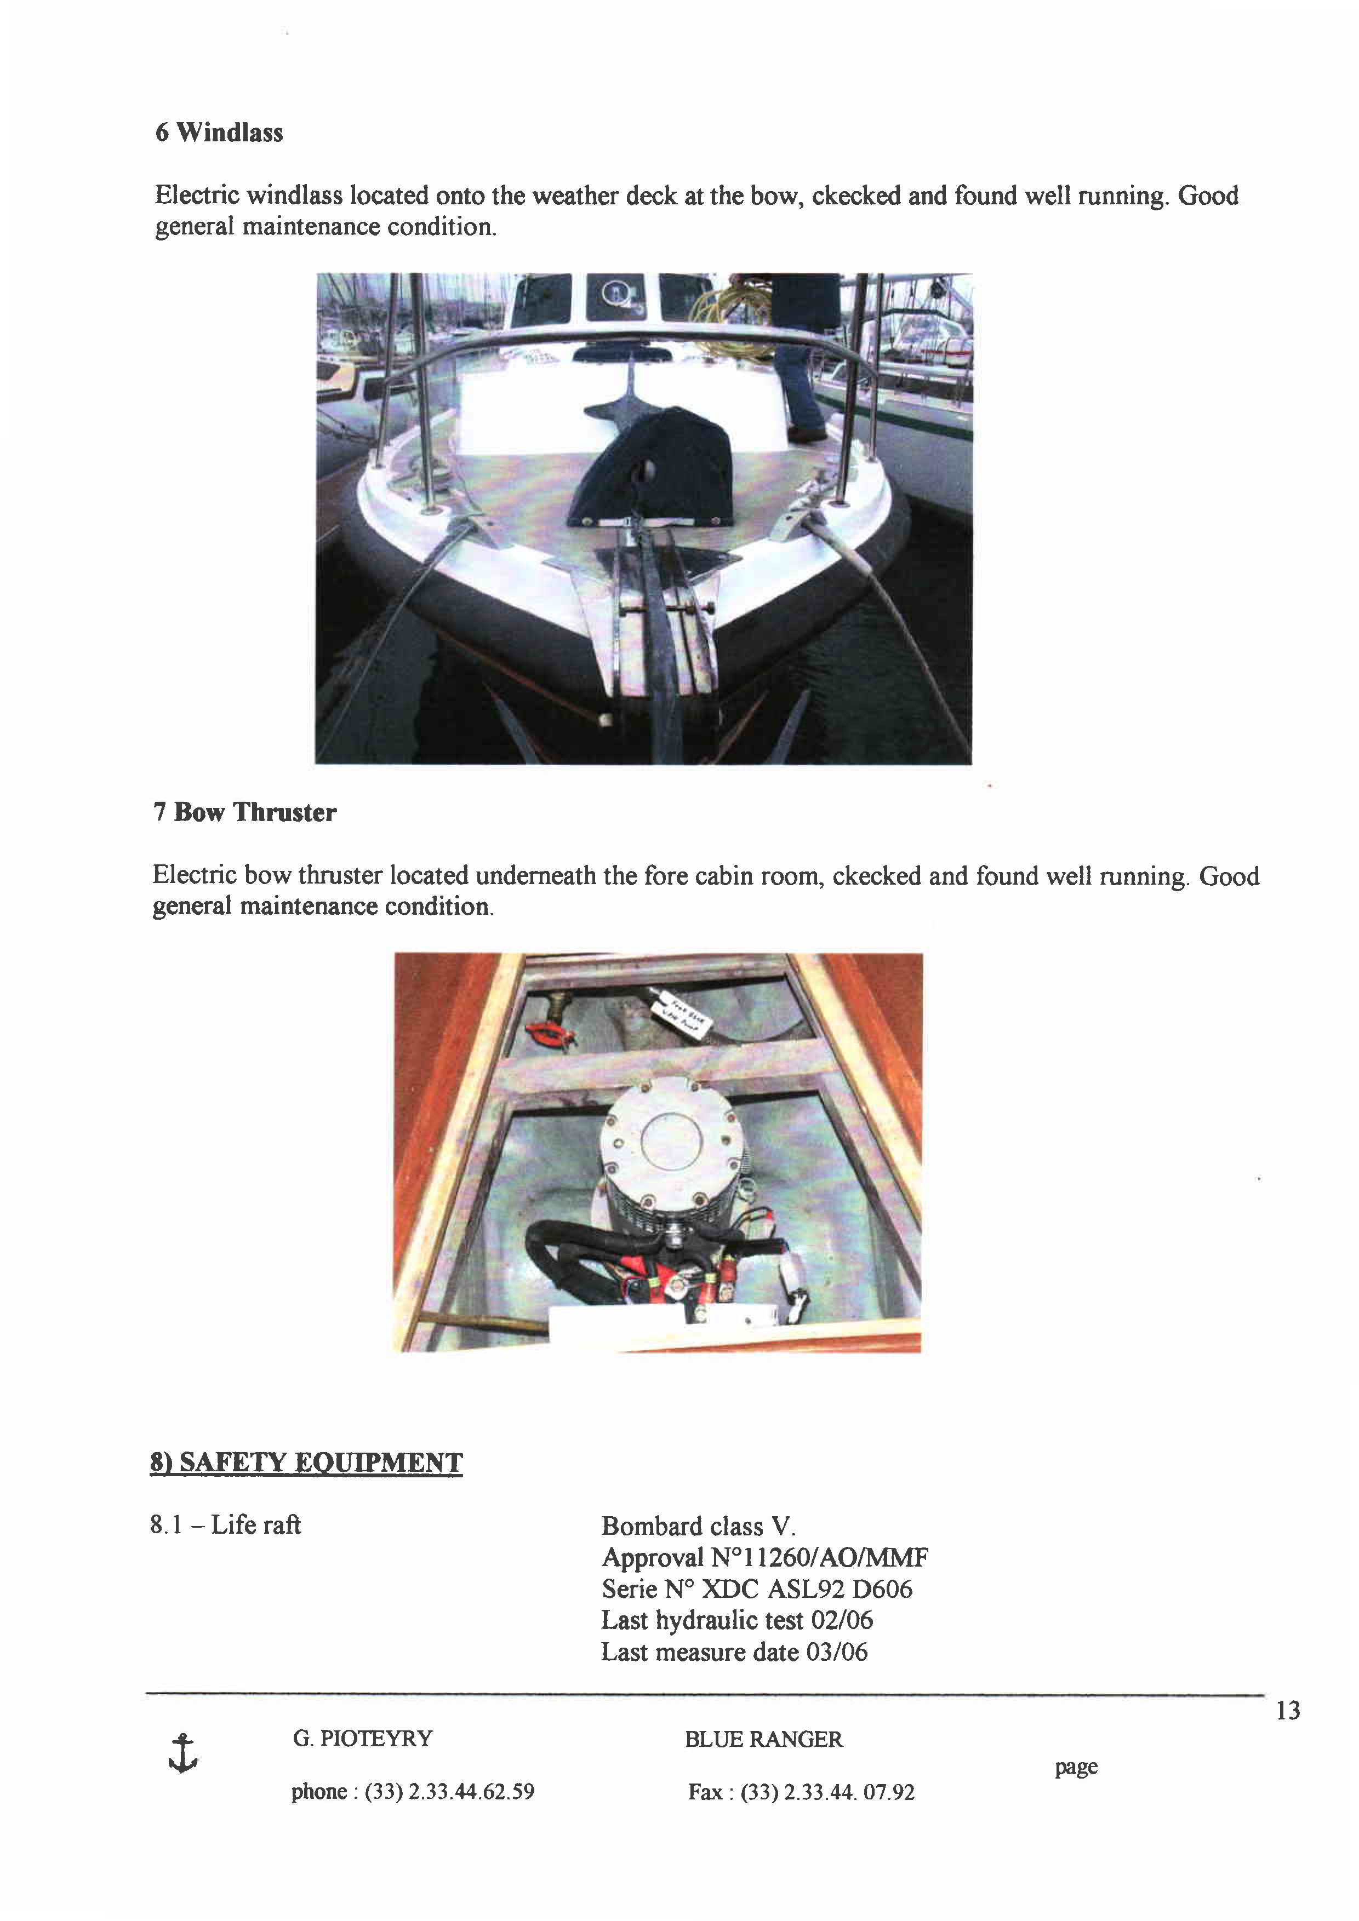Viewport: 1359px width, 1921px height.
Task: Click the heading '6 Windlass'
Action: [x=219, y=132]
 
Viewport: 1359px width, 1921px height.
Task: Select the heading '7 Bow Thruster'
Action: [x=244, y=812]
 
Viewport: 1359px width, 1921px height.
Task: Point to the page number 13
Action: [x=1287, y=1711]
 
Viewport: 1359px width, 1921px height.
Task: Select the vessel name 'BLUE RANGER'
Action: [x=763, y=1740]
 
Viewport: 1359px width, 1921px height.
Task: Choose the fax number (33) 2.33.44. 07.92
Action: [x=827, y=1792]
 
